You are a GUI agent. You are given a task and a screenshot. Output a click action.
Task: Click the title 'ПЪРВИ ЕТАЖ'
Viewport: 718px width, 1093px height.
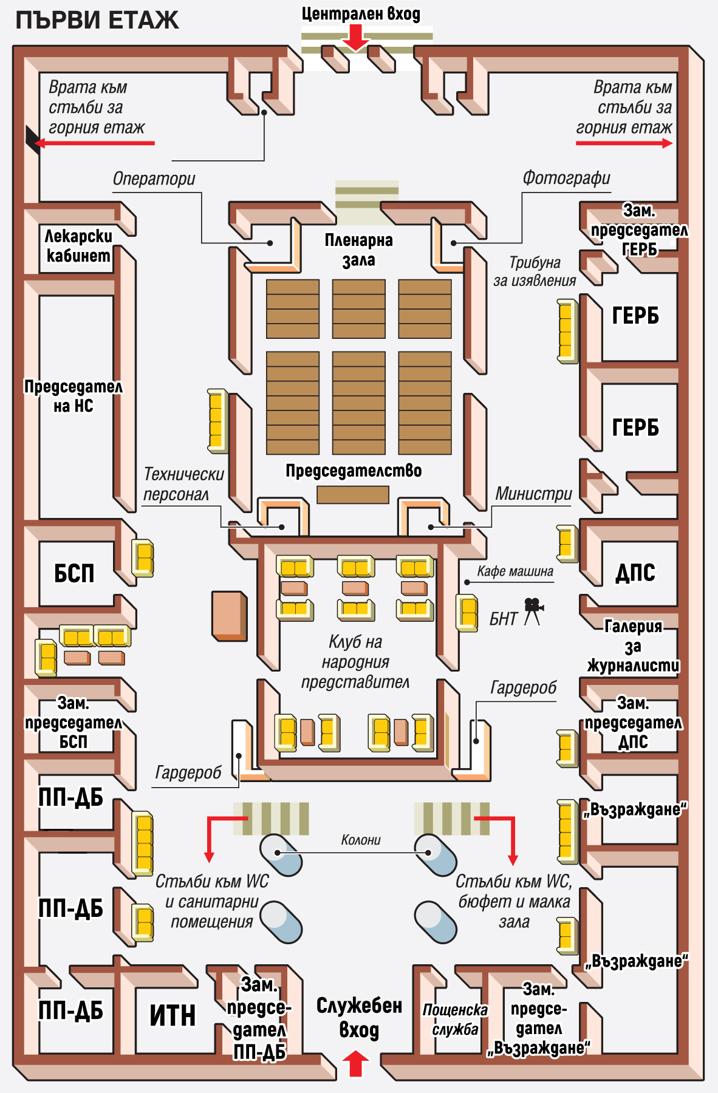[97, 21]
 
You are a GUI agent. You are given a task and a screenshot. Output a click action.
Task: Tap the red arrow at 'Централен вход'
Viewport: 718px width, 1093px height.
[355, 38]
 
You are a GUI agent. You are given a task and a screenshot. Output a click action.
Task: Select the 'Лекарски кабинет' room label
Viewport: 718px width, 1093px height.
[78, 246]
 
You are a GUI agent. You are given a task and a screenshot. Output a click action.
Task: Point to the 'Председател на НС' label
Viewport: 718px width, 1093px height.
[73, 396]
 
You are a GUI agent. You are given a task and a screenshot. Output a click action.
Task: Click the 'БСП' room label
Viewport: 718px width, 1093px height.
[74, 573]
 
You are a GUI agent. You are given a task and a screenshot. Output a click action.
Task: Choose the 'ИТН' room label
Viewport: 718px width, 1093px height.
[173, 1015]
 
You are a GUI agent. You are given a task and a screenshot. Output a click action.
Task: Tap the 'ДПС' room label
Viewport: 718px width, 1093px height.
[635, 573]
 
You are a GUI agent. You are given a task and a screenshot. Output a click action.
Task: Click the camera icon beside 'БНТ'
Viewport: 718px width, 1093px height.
[533, 610]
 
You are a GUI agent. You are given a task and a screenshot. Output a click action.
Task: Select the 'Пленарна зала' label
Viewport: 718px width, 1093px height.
[358, 250]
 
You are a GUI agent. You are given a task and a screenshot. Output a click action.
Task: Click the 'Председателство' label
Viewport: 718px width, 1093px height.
[354, 471]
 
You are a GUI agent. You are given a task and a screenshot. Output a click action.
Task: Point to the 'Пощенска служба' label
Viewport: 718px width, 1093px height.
[455, 1019]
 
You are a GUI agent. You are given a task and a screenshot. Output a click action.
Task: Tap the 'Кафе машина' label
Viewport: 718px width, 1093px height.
[515, 571]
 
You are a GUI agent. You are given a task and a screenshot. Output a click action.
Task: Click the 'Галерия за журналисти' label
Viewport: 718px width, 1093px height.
[633, 646]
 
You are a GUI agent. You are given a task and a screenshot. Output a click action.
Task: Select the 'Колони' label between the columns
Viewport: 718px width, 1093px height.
[361, 840]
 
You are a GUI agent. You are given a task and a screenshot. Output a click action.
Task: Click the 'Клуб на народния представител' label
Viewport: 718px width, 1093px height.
[355, 662]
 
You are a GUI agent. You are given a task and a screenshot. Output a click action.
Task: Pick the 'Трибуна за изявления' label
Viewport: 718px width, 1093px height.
[535, 271]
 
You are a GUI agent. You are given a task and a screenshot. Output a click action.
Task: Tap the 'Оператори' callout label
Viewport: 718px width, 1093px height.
[154, 179]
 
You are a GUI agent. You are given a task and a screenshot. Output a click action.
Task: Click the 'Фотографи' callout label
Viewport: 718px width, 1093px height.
[566, 178]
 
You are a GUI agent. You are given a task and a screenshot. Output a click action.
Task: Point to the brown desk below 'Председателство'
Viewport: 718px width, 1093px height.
[353, 495]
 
